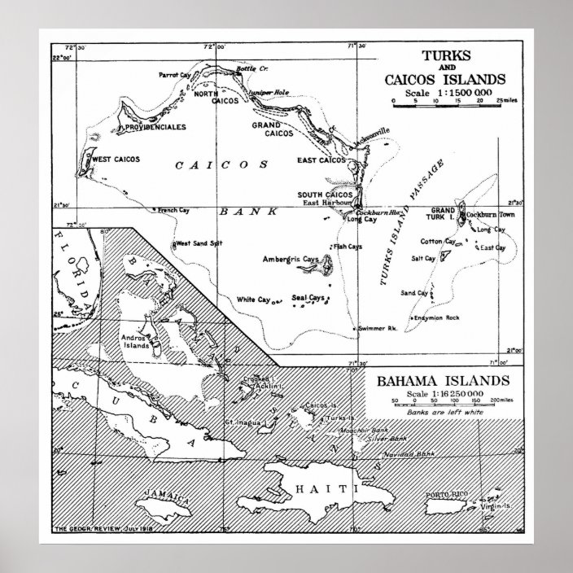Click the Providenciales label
click(154, 127)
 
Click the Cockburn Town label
click(492, 213)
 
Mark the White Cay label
click(253, 300)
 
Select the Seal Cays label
click(308, 298)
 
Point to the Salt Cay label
click(424, 258)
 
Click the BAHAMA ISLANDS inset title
click(442, 381)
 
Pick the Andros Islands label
click(135, 340)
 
